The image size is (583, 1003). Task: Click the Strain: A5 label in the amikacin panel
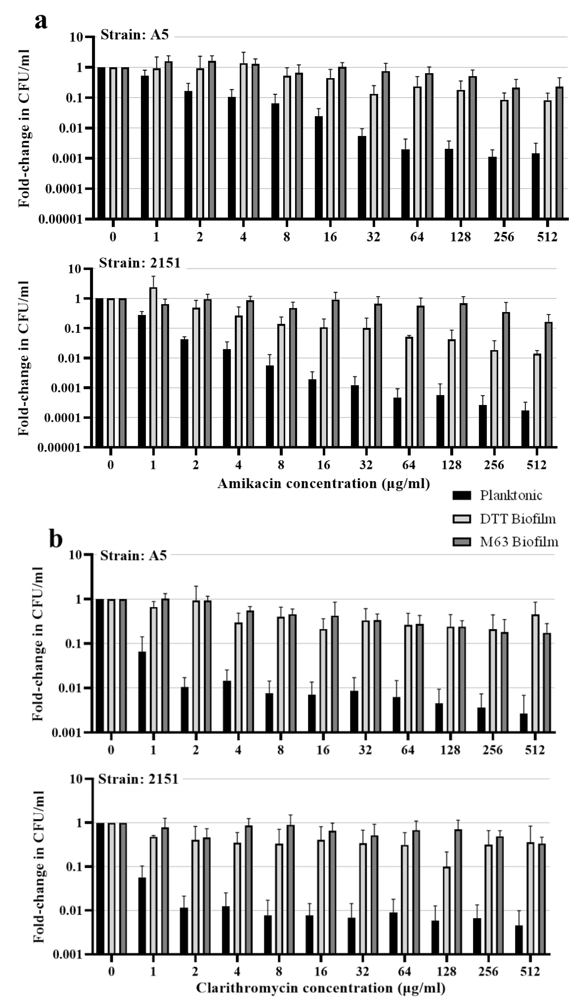click(x=135, y=35)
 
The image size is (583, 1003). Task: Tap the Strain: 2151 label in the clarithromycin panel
click(x=138, y=779)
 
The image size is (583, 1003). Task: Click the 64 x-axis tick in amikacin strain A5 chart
click(x=417, y=237)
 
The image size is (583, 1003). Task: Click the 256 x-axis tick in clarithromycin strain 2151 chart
click(x=488, y=972)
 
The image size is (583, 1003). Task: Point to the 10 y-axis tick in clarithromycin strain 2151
click(x=76, y=779)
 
